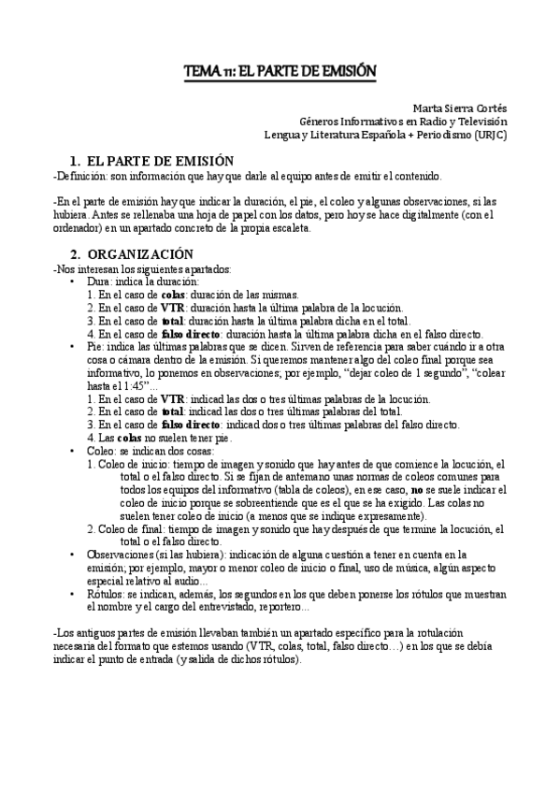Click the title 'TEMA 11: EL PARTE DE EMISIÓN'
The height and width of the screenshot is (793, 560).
point(280,72)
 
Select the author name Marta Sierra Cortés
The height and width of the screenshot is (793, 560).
point(459,108)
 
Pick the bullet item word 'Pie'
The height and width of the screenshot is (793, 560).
point(93,346)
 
